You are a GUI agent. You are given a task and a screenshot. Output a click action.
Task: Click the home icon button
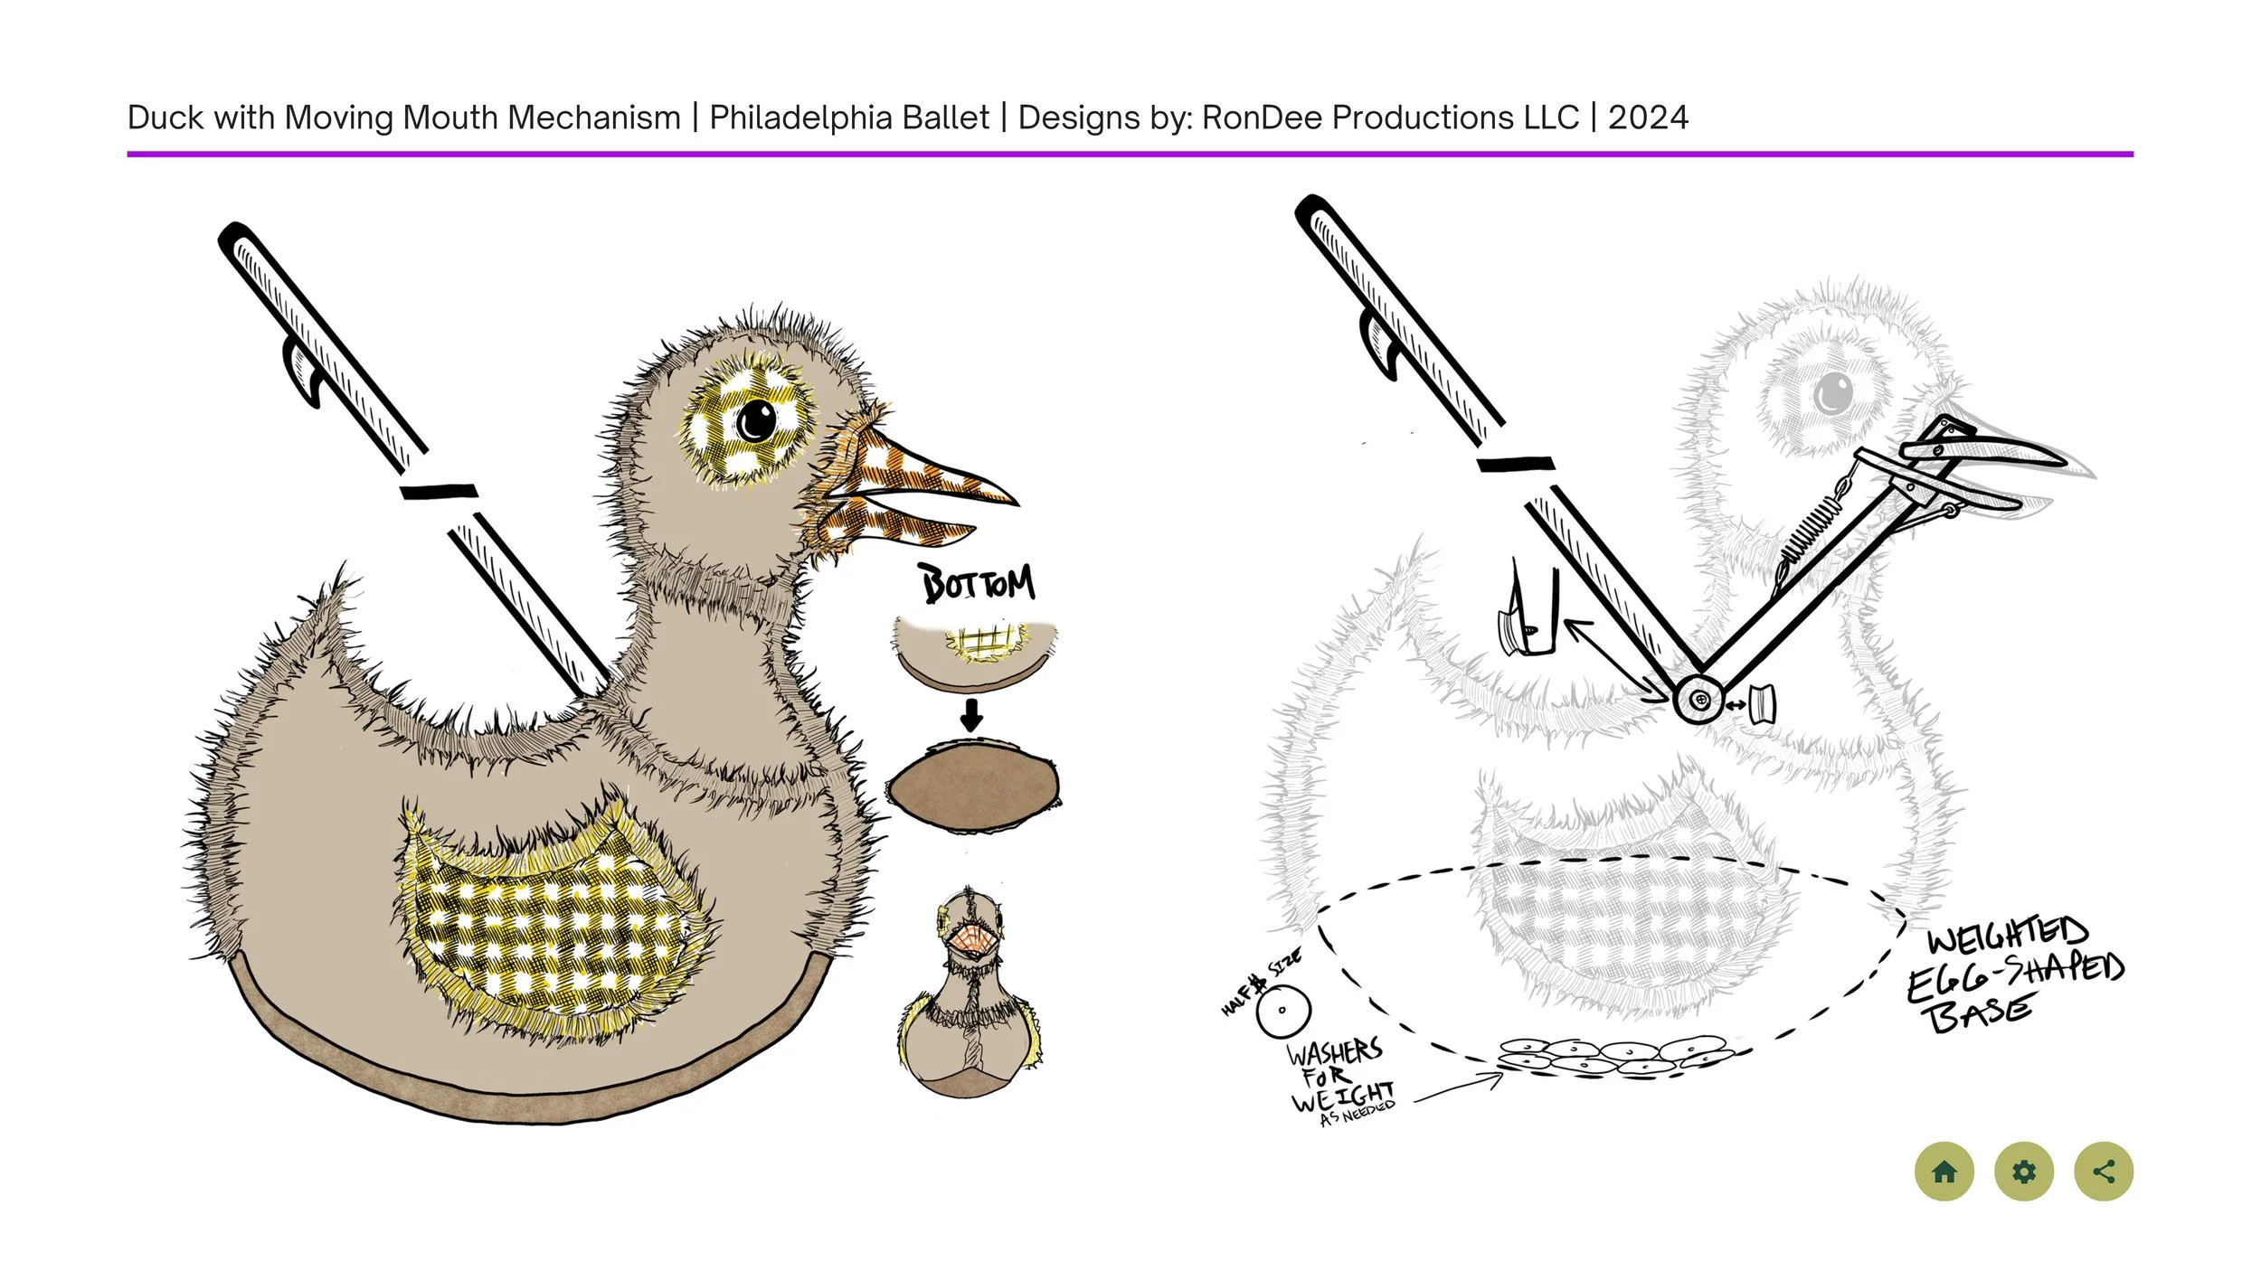coord(1944,1172)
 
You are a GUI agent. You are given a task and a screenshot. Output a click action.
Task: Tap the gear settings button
coord(2024,1172)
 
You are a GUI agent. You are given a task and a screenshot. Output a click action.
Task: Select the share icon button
coord(2104,1172)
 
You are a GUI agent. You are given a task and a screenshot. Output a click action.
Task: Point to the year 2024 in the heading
coord(1647,118)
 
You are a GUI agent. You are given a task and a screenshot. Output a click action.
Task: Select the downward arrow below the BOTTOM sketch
coord(971,714)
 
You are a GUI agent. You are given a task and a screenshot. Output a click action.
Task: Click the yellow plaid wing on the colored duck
coord(552,922)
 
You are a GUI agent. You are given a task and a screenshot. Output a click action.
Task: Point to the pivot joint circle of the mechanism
coord(1698,699)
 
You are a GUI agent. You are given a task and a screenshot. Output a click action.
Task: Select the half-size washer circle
coord(1282,1011)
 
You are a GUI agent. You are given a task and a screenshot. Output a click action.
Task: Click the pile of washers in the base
coord(1614,1055)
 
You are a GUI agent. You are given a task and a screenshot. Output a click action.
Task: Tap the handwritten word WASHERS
coord(1334,1053)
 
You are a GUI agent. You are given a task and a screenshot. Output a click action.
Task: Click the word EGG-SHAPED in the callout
coord(2015,974)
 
